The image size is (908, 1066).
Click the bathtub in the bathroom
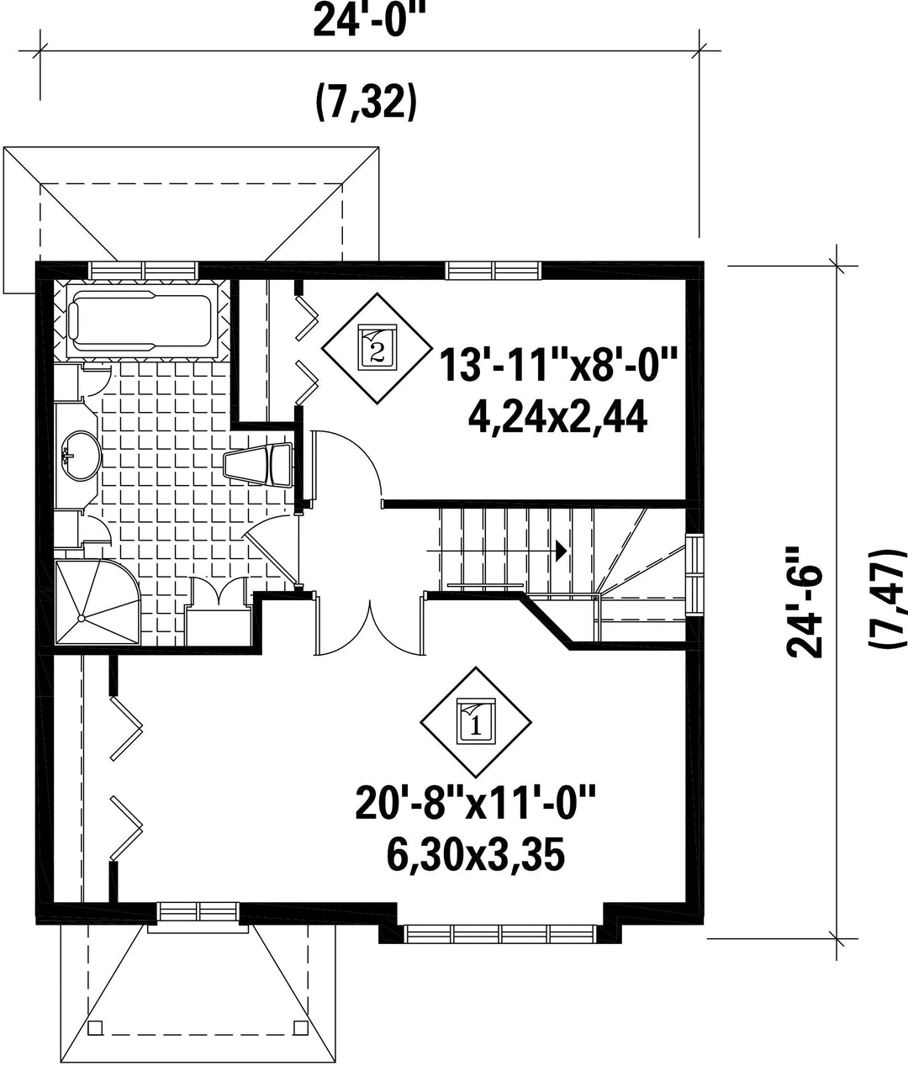point(141,319)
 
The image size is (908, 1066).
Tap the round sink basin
point(81,456)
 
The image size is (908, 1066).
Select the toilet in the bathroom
point(258,464)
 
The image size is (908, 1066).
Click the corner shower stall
point(97,603)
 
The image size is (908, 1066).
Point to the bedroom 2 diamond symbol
point(377,348)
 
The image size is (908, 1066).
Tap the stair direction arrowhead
point(562,551)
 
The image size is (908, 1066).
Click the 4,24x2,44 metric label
point(557,418)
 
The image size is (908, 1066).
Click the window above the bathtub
point(144,270)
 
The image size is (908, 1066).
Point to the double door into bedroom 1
point(370,624)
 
